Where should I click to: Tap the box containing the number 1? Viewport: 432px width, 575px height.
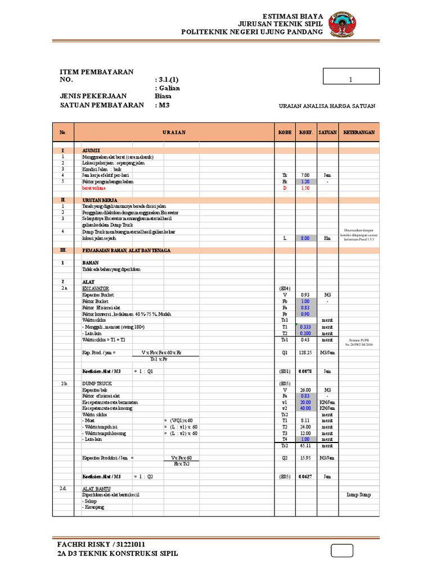(x=351, y=80)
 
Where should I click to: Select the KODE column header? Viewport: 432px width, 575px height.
(x=285, y=133)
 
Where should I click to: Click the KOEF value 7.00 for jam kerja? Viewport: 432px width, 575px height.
(x=305, y=175)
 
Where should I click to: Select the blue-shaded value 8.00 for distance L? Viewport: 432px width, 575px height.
(x=305, y=238)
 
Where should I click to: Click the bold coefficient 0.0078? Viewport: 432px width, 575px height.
(x=305, y=371)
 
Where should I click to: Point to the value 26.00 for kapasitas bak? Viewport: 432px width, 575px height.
(x=305, y=389)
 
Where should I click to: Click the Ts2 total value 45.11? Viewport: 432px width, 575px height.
(x=305, y=446)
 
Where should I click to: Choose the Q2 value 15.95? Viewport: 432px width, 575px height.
(x=305, y=458)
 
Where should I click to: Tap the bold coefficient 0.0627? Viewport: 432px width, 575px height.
(x=305, y=476)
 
